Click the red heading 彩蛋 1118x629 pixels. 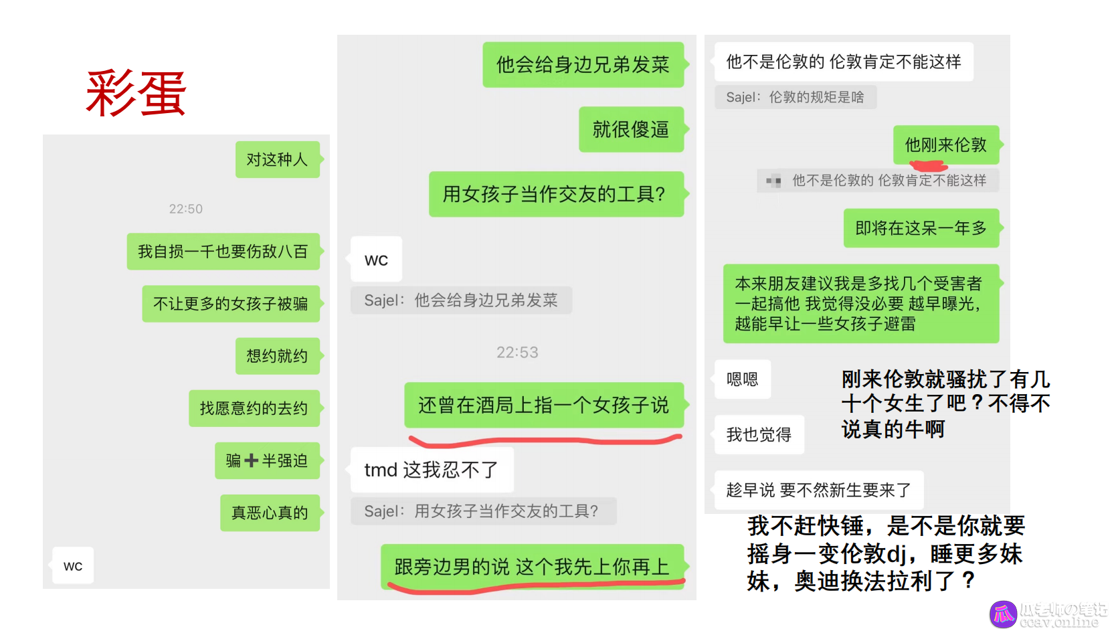click(136, 94)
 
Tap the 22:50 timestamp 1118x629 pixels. click(186, 209)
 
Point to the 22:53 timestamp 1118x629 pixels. click(517, 353)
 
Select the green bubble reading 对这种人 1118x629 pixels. click(278, 159)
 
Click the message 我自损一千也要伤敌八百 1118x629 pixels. click(223, 251)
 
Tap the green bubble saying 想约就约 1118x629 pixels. click(278, 356)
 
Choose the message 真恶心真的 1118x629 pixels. click(270, 513)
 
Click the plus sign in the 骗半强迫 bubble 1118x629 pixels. click(252, 460)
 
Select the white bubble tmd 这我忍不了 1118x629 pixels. click(432, 470)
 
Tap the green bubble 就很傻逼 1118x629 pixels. click(632, 129)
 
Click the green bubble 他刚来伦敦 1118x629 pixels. click(946, 145)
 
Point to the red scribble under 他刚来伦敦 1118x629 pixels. click(929, 166)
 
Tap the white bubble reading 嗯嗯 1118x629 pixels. click(743, 379)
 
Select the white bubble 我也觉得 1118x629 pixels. click(759, 434)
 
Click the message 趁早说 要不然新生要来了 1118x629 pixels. click(819, 490)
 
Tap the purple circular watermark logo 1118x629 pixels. click(1003, 614)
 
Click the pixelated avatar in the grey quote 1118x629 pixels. click(773, 180)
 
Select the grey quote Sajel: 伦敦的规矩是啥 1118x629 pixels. click(796, 97)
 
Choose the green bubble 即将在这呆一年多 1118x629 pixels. click(921, 228)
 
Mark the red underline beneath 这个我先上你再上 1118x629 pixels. click(537, 587)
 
